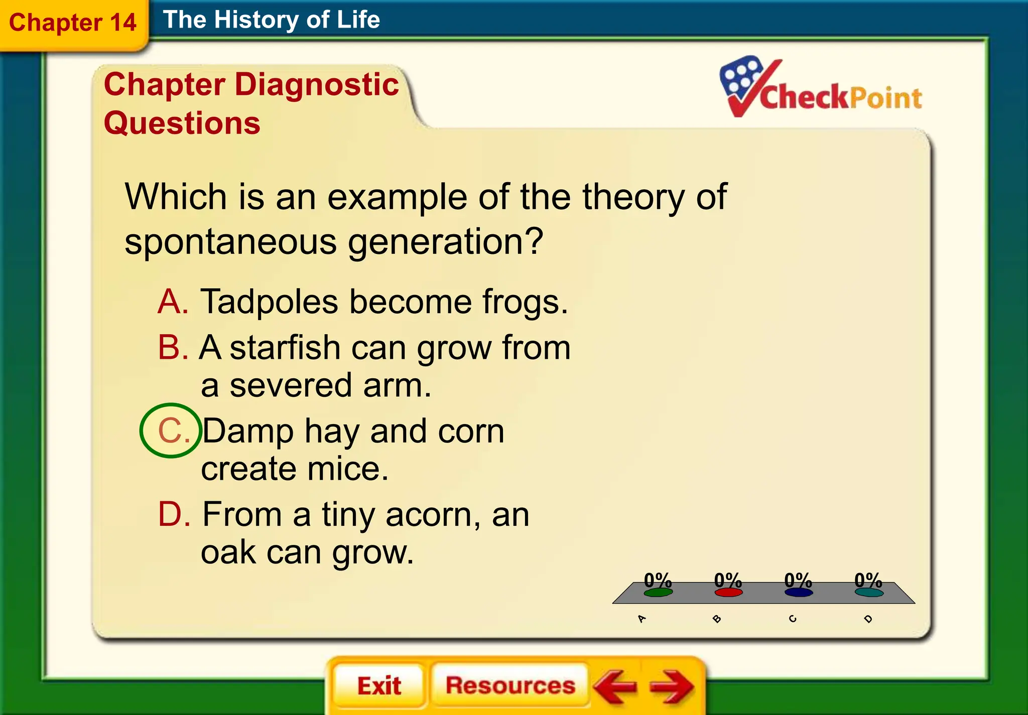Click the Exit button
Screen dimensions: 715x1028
(379, 685)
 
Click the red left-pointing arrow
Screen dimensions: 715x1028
(614, 686)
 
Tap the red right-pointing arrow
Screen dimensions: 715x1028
(672, 686)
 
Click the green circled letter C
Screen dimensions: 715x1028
(171, 431)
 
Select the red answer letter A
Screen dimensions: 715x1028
(172, 302)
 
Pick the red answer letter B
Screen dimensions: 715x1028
(173, 347)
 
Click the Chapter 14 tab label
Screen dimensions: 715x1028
(73, 23)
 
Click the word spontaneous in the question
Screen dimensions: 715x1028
(230, 242)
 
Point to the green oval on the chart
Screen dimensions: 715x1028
(658, 593)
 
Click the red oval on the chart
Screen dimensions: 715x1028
(728, 593)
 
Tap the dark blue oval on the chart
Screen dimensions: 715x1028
(799, 593)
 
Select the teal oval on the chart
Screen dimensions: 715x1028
(869, 593)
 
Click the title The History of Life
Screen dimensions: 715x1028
(271, 20)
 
